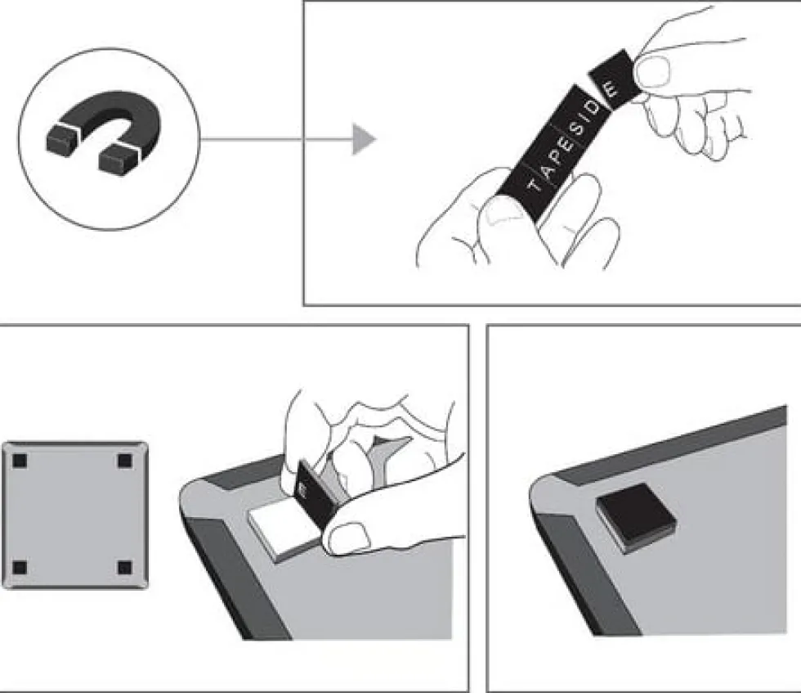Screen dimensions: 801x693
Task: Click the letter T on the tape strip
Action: point(535,185)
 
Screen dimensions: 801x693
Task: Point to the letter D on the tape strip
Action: point(592,109)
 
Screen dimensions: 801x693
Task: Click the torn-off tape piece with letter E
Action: point(614,80)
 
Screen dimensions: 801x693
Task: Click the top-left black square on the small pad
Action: point(20,461)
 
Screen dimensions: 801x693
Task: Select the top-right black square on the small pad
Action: point(124,461)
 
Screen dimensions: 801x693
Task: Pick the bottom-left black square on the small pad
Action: point(20,568)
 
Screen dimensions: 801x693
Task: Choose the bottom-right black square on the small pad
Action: point(124,568)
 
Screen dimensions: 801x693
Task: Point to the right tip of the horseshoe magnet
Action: point(119,159)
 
